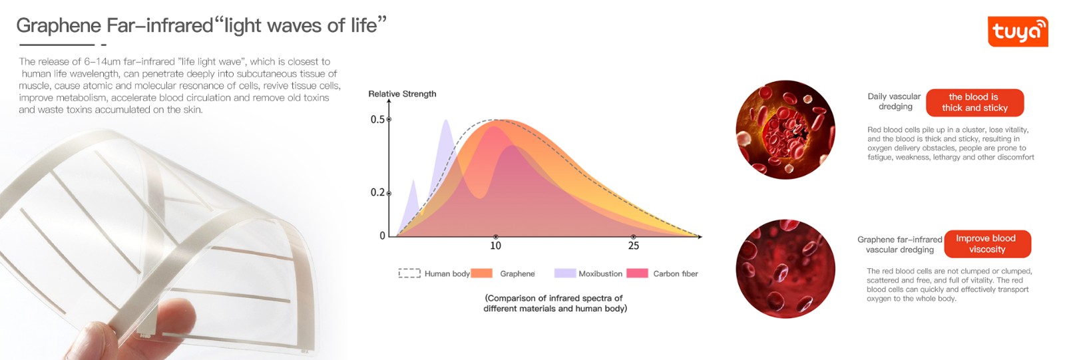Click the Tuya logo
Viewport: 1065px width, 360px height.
1018,31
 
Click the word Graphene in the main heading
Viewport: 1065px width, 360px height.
58,26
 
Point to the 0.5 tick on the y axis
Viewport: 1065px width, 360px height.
389,120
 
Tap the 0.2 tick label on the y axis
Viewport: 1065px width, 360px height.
377,193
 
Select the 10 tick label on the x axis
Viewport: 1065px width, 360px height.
495,246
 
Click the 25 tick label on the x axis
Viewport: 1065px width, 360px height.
633,246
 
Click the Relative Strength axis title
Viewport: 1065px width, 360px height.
402,94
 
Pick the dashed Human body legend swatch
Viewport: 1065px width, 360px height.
409,273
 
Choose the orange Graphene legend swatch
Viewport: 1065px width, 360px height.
481,273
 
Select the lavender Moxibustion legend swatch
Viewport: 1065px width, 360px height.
564,273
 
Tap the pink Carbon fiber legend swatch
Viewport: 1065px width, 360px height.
637,273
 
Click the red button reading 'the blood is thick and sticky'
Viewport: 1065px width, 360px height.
974,102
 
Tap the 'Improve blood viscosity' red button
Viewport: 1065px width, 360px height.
987,244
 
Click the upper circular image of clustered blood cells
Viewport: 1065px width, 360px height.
785,130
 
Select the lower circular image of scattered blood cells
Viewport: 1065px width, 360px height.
785,269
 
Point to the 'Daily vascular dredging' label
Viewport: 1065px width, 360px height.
895,101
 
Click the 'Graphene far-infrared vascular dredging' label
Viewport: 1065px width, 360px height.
900,244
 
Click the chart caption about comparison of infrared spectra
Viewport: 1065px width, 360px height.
554,303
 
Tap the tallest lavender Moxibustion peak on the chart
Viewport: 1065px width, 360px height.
445,124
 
